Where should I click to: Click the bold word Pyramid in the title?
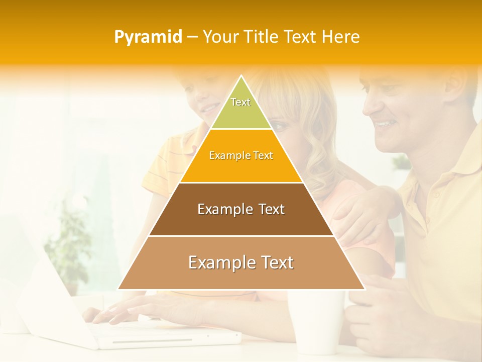coord(148,37)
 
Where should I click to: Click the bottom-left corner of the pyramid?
coord(119,289)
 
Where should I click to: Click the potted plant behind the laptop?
coord(68,246)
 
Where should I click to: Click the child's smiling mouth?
coord(207,108)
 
